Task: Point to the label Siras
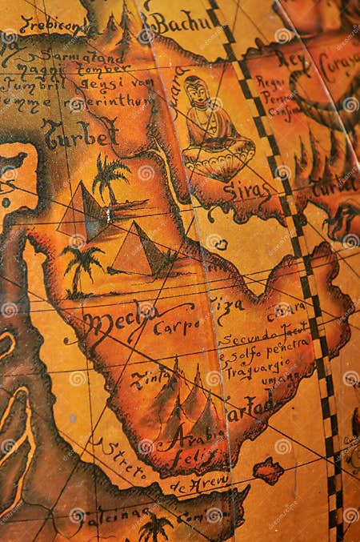click(x=246, y=190)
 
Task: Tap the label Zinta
click(x=150, y=377)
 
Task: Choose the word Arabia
click(x=193, y=434)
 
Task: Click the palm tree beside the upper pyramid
click(x=109, y=175)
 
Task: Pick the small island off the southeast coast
click(x=268, y=470)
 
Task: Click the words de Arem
click(x=199, y=483)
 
